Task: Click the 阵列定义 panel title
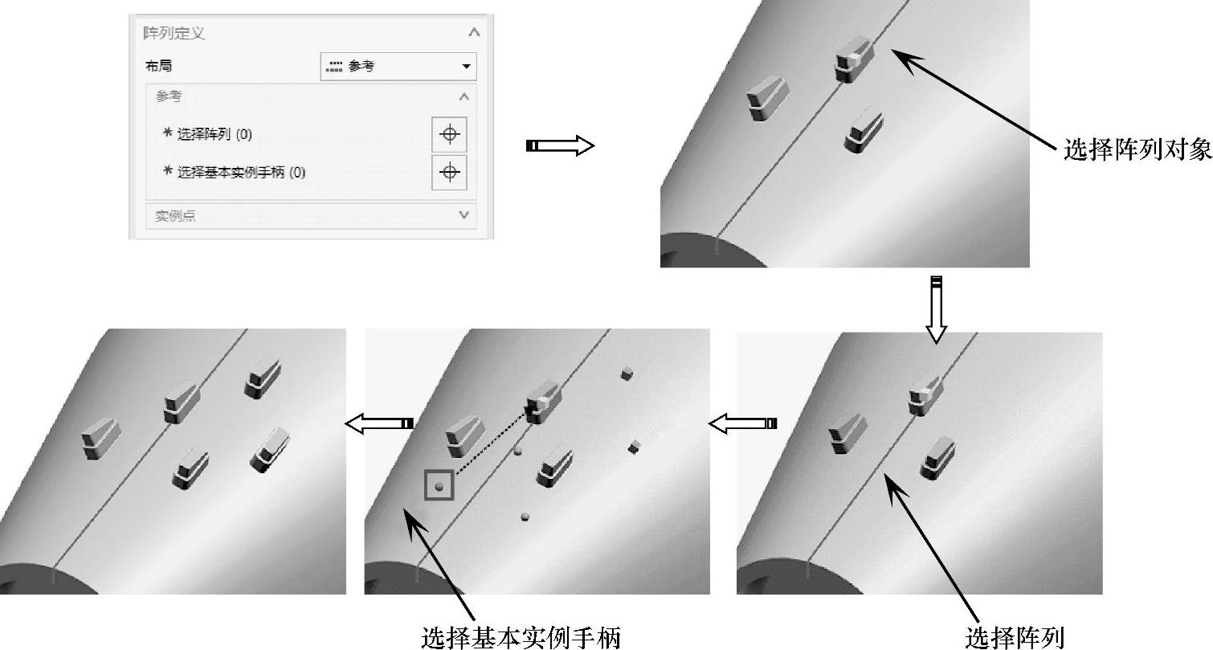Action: point(174,33)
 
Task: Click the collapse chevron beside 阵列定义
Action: point(474,32)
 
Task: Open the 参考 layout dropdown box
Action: point(398,66)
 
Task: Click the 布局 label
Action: point(159,66)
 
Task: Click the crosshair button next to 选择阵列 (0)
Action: point(450,134)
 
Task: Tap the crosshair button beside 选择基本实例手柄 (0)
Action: point(450,172)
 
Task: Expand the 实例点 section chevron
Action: point(464,215)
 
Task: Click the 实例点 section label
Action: point(175,215)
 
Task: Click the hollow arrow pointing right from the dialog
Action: point(560,145)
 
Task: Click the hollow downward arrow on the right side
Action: point(937,310)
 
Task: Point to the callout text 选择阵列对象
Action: point(1137,149)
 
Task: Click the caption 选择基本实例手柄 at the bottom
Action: point(521,637)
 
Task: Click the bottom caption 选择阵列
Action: point(1015,637)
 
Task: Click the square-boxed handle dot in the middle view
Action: point(439,485)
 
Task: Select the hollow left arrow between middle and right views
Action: point(742,423)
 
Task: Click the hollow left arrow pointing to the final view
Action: point(379,423)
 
